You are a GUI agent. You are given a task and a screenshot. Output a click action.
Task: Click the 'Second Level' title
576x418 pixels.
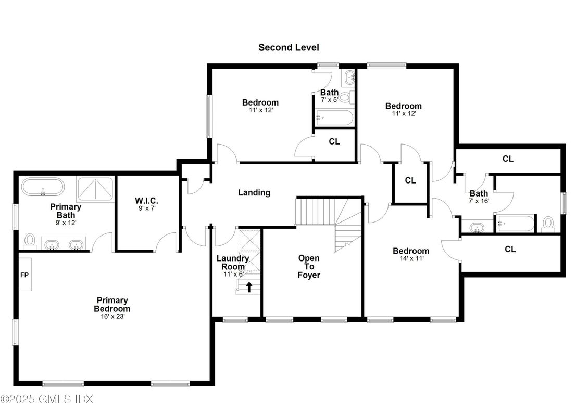pos(289,47)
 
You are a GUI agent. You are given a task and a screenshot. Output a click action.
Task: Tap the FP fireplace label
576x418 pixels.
pos(24,274)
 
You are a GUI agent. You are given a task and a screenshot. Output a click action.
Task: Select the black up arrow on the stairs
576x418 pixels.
pos(249,286)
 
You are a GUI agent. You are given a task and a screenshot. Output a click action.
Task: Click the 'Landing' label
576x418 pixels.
pos(254,193)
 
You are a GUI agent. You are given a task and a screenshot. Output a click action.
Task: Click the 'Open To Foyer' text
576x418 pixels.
pos(309,266)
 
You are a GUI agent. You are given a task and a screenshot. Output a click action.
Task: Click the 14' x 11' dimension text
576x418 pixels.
pos(411,259)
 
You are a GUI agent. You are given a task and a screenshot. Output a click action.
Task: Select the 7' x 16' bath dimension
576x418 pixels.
pos(479,201)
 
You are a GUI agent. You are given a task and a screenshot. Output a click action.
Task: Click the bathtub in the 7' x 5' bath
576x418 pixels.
pos(334,117)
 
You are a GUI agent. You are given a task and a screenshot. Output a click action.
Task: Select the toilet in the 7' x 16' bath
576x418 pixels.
pos(548,223)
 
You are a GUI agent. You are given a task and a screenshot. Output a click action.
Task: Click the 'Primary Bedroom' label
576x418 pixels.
pos(112,304)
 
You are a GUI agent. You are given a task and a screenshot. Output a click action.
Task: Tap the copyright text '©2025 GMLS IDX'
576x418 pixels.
pos(47,399)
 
